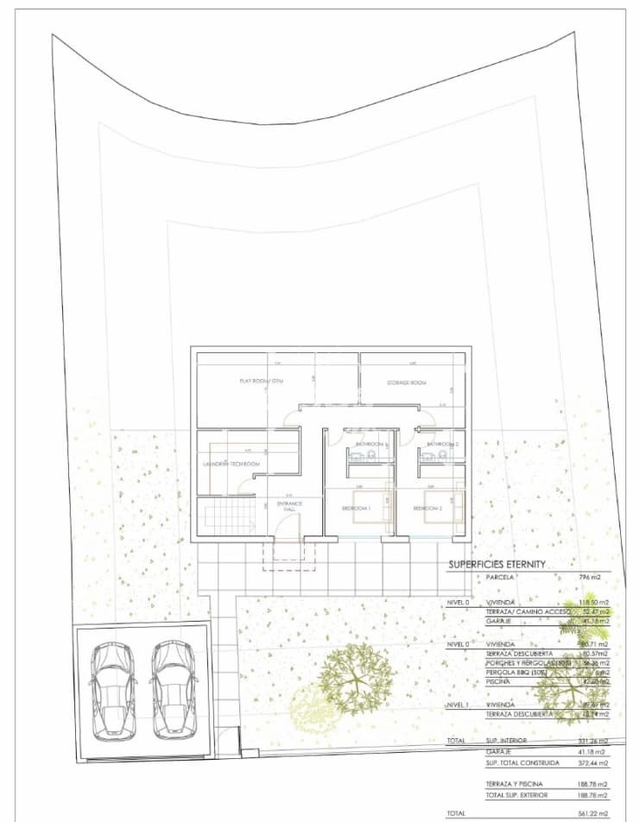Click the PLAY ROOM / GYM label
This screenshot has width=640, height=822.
point(261,381)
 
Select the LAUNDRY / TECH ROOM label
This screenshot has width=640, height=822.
point(231,464)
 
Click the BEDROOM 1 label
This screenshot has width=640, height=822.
point(355,509)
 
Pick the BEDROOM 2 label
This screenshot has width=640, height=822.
point(428,509)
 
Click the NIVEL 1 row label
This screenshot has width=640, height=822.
point(459,705)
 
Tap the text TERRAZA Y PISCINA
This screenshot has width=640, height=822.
point(515,783)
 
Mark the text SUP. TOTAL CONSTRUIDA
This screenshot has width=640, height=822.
point(523,763)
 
